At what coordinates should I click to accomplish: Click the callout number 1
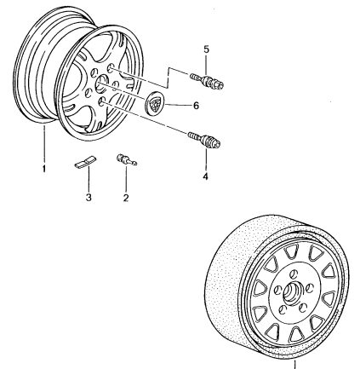tap(44, 169)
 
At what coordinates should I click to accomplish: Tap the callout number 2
tap(126, 198)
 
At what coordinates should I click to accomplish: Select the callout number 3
tap(89, 197)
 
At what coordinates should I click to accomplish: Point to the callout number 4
tap(205, 176)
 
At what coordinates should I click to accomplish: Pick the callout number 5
tap(206, 49)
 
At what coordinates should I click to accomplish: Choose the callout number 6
tap(196, 106)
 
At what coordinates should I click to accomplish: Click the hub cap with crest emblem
tap(155, 102)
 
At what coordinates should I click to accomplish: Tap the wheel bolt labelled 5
tap(207, 80)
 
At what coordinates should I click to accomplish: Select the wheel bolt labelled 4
tap(204, 140)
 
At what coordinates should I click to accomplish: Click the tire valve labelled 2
tap(126, 159)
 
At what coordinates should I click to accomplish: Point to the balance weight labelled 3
tap(85, 162)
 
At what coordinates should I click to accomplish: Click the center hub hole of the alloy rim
tap(100, 84)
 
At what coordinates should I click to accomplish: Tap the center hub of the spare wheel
tap(291, 292)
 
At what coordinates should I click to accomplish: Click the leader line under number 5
tap(206, 64)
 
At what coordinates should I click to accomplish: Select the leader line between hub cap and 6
tap(178, 106)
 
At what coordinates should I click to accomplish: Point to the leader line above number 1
tap(44, 144)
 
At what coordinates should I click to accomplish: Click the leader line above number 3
tap(89, 178)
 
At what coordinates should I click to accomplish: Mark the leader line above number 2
tap(126, 178)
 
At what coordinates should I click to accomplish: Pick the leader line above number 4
tap(206, 159)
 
